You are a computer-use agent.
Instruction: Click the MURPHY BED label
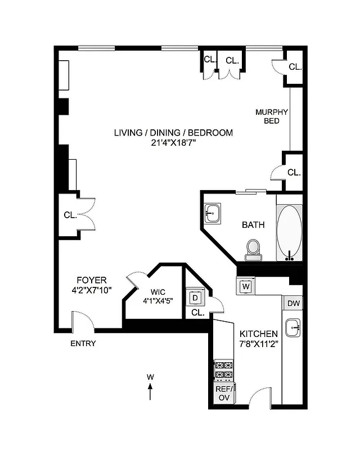click(272, 116)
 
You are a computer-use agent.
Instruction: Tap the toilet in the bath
click(253, 249)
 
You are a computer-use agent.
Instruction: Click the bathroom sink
click(213, 213)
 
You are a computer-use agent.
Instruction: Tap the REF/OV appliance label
click(223, 393)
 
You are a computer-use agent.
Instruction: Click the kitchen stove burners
click(224, 370)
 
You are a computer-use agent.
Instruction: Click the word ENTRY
click(83, 344)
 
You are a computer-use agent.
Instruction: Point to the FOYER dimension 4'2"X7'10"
click(91, 290)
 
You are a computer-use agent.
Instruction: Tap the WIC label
click(157, 292)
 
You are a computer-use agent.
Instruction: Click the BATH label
click(253, 225)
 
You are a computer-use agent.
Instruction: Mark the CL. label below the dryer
click(197, 312)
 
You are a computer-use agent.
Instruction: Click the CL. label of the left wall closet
click(70, 214)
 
